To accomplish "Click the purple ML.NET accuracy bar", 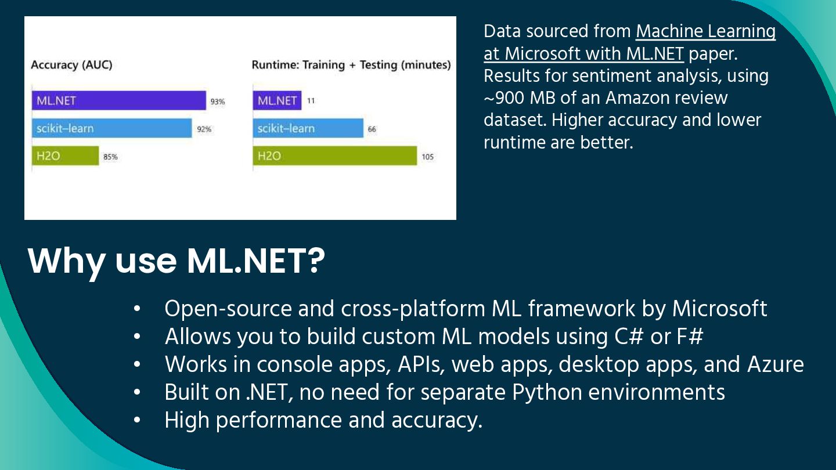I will tap(119, 100).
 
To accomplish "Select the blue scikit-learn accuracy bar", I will tap(111, 128).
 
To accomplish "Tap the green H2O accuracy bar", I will tap(65, 156).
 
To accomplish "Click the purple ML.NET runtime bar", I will tap(278, 100).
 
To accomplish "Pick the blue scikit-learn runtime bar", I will tap(308, 128).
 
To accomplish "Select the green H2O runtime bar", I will tap(335, 156).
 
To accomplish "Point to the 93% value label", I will tap(218, 102).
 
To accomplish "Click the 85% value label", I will tap(110, 157).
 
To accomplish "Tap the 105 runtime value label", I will tap(427, 157).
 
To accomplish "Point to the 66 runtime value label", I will tap(372, 129).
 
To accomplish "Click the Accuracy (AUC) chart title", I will tap(71, 65).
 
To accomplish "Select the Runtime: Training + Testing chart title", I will tap(351, 65).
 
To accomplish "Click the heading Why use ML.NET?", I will tap(176, 261).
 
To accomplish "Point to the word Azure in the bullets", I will tap(776, 364).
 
